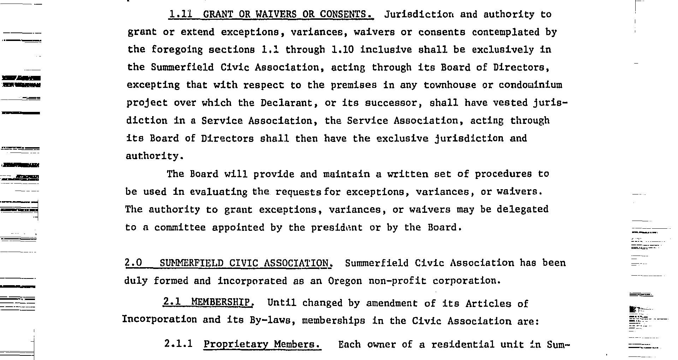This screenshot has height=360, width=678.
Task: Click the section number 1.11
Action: (x=180, y=14)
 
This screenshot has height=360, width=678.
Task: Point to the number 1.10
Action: (x=343, y=50)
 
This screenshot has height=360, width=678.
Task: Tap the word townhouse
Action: (x=446, y=85)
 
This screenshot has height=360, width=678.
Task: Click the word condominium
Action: (x=530, y=85)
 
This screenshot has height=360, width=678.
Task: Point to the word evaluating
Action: (x=219, y=192)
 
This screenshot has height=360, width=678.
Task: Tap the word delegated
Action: (x=522, y=209)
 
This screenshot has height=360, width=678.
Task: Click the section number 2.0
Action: (x=133, y=263)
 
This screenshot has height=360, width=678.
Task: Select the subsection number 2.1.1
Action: (x=178, y=344)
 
